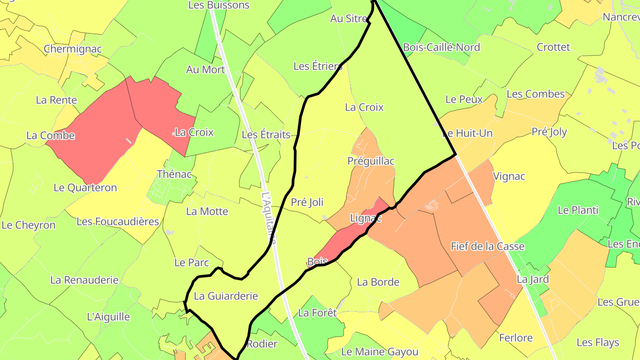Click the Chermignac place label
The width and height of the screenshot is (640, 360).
click(x=73, y=49)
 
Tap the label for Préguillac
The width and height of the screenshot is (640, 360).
click(x=371, y=161)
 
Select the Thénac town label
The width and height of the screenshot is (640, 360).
click(x=174, y=174)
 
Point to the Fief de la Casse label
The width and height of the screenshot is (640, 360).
click(x=488, y=246)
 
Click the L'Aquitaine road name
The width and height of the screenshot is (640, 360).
click(x=269, y=218)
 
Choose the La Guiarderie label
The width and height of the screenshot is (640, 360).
click(x=226, y=296)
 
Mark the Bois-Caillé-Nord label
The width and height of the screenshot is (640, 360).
click(x=441, y=47)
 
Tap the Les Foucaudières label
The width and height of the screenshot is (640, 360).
click(x=118, y=221)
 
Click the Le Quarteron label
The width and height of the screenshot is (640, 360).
click(x=85, y=188)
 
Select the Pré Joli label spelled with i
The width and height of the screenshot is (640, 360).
click(x=307, y=202)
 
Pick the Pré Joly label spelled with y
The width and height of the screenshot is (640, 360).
click(x=549, y=132)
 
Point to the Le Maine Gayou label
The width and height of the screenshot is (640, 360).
click(x=380, y=352)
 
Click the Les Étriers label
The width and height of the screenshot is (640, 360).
click(x=318, y=66)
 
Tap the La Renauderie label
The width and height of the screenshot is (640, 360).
click(x=84, y=280)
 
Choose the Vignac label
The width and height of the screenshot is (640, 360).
click(x=509, y=176)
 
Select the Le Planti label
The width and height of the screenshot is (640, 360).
click(x=578, y=210)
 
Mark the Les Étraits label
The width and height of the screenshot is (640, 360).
click(x=266, y=135)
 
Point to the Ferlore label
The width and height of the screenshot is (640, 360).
click(x=516, y=338)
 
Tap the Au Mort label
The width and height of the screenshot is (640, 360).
click(x=205, y=70)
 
